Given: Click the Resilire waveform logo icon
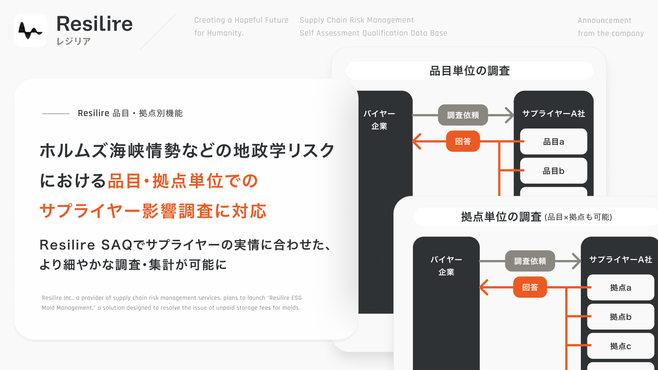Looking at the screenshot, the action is [31, 30].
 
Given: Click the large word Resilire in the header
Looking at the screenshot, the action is [94, 24].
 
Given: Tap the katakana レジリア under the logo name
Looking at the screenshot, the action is [74, 41].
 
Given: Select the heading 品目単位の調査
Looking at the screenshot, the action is [470, 71].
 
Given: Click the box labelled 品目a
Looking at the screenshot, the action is [553, 141].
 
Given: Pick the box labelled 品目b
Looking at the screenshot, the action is [553, 171].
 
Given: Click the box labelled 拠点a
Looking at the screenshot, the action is [621, 287].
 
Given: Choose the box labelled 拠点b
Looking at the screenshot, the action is [621, 317].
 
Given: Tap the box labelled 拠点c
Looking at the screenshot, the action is [621, 346].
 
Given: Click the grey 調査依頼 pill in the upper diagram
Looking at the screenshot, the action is [463, 115].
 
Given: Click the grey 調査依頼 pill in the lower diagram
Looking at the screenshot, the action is [530, 261].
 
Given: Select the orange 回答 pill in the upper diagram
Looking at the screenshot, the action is [463, 141].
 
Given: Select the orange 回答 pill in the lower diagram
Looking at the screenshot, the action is [530, 287].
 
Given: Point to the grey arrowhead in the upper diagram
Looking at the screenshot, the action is [510, 115].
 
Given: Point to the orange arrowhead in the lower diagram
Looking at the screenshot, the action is [484, 287].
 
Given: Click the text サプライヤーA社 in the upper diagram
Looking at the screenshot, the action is [553, 113].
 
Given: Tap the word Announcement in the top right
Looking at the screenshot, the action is [605, 21].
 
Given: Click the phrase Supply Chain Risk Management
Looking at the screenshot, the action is [357, 20].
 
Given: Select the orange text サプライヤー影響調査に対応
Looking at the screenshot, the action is [153, 211].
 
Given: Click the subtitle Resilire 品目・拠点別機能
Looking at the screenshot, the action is [130, 113].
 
